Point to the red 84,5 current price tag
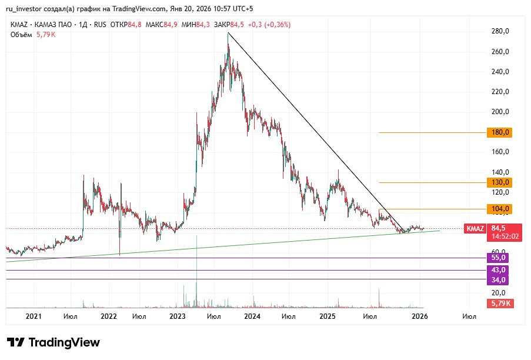click(499, 228)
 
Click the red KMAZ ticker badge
click(475, 228)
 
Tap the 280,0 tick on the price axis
click(500, 31)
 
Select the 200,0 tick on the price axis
click(500, 112)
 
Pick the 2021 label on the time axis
click(34, 316)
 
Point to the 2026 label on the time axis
click(419, 316)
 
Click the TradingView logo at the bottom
click(54, 342)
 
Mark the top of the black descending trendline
click(228, 33)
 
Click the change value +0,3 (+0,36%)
click(269, 25)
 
